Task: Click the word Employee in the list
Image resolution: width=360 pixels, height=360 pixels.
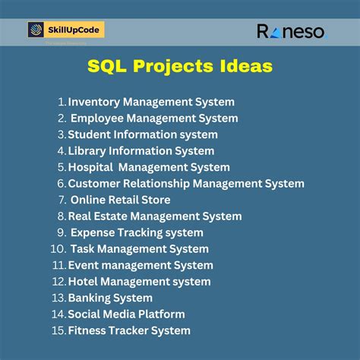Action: pyautogui.click(x=99, y=118)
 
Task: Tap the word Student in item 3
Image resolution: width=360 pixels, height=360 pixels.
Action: pyautogui.click(x=90, y=134)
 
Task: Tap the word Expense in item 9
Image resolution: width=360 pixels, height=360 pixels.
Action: pyautogui.click(x=95, y=232)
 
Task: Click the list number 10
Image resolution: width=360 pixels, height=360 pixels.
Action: pyautogui.click(x=58, y=249)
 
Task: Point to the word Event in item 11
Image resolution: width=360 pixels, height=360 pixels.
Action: pyautogui.click(x=84, y=265)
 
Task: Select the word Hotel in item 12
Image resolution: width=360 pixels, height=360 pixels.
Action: pyautogui.click(x=84, y=282)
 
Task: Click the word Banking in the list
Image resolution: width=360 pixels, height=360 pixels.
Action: pyautogui.click(x=90, y=298)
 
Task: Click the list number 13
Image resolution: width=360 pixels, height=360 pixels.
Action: pyautogui.click(x=58, y=298)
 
